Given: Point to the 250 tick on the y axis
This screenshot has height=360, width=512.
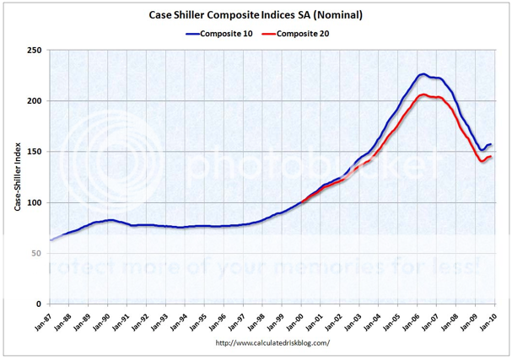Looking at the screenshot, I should click(x=35, y=51).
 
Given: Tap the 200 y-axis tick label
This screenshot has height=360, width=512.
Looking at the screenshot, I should click(x=35, y=101).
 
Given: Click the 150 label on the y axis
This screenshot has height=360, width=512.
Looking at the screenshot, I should click(x=35, y=152).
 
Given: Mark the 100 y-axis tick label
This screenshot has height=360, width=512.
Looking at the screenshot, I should click(x=35, y=202).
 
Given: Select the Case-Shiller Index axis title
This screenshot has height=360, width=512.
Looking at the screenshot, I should click(x=17, y=177).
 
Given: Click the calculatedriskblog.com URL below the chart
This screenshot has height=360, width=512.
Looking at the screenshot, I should click(x=272, y=342).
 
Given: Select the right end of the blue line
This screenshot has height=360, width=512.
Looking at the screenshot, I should click(x=491, y=144).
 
